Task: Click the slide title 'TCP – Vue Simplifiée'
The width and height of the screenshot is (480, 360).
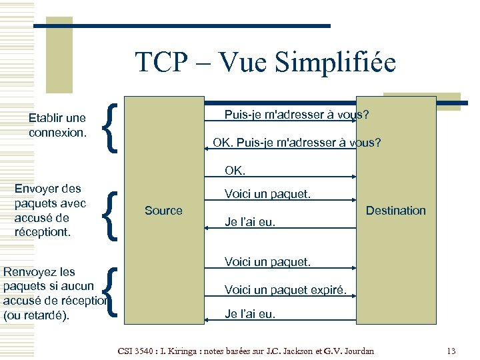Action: pos(265,63)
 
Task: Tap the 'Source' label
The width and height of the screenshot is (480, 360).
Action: pos(163,211)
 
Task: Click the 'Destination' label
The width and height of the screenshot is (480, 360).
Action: pos(395,211)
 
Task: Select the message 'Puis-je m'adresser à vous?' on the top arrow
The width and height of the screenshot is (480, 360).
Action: pos(297,115)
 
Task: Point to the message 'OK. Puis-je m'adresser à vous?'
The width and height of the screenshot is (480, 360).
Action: pos(297,142)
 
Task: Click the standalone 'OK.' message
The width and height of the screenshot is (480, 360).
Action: pos(235,171)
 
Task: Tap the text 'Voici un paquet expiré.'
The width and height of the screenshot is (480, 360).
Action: pos(285,289)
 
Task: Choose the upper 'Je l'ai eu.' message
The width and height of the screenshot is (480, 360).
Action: pos(250,223)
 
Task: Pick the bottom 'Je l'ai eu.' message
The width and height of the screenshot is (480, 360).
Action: pos(250,313)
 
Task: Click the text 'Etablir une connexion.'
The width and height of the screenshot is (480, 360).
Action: pos(57,125)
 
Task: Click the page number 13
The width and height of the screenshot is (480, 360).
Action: pos(451,351)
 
